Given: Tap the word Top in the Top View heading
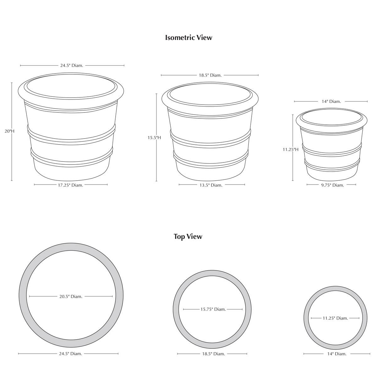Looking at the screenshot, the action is coord(179,237).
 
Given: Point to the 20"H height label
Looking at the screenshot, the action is coord(10,131).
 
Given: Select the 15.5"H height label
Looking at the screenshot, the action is coord(154,138).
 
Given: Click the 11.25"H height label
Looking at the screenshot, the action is coord(291,150).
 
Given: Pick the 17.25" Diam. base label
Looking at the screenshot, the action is coord(71,185).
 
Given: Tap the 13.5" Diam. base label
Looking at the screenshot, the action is coord(211,185).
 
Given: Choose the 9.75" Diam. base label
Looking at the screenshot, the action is coord(333,185).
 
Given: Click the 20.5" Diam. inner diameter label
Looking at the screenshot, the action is coord(71,296).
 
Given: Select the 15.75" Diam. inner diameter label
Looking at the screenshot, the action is coord(213,309).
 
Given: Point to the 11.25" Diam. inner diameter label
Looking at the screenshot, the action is coord(335,318).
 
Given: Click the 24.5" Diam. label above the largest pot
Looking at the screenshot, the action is coord(72,65).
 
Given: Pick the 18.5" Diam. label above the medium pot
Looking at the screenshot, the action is coord(210,75).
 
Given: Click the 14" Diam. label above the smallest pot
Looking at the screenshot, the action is coord(331,101).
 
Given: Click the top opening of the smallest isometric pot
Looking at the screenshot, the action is coord(332,117).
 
